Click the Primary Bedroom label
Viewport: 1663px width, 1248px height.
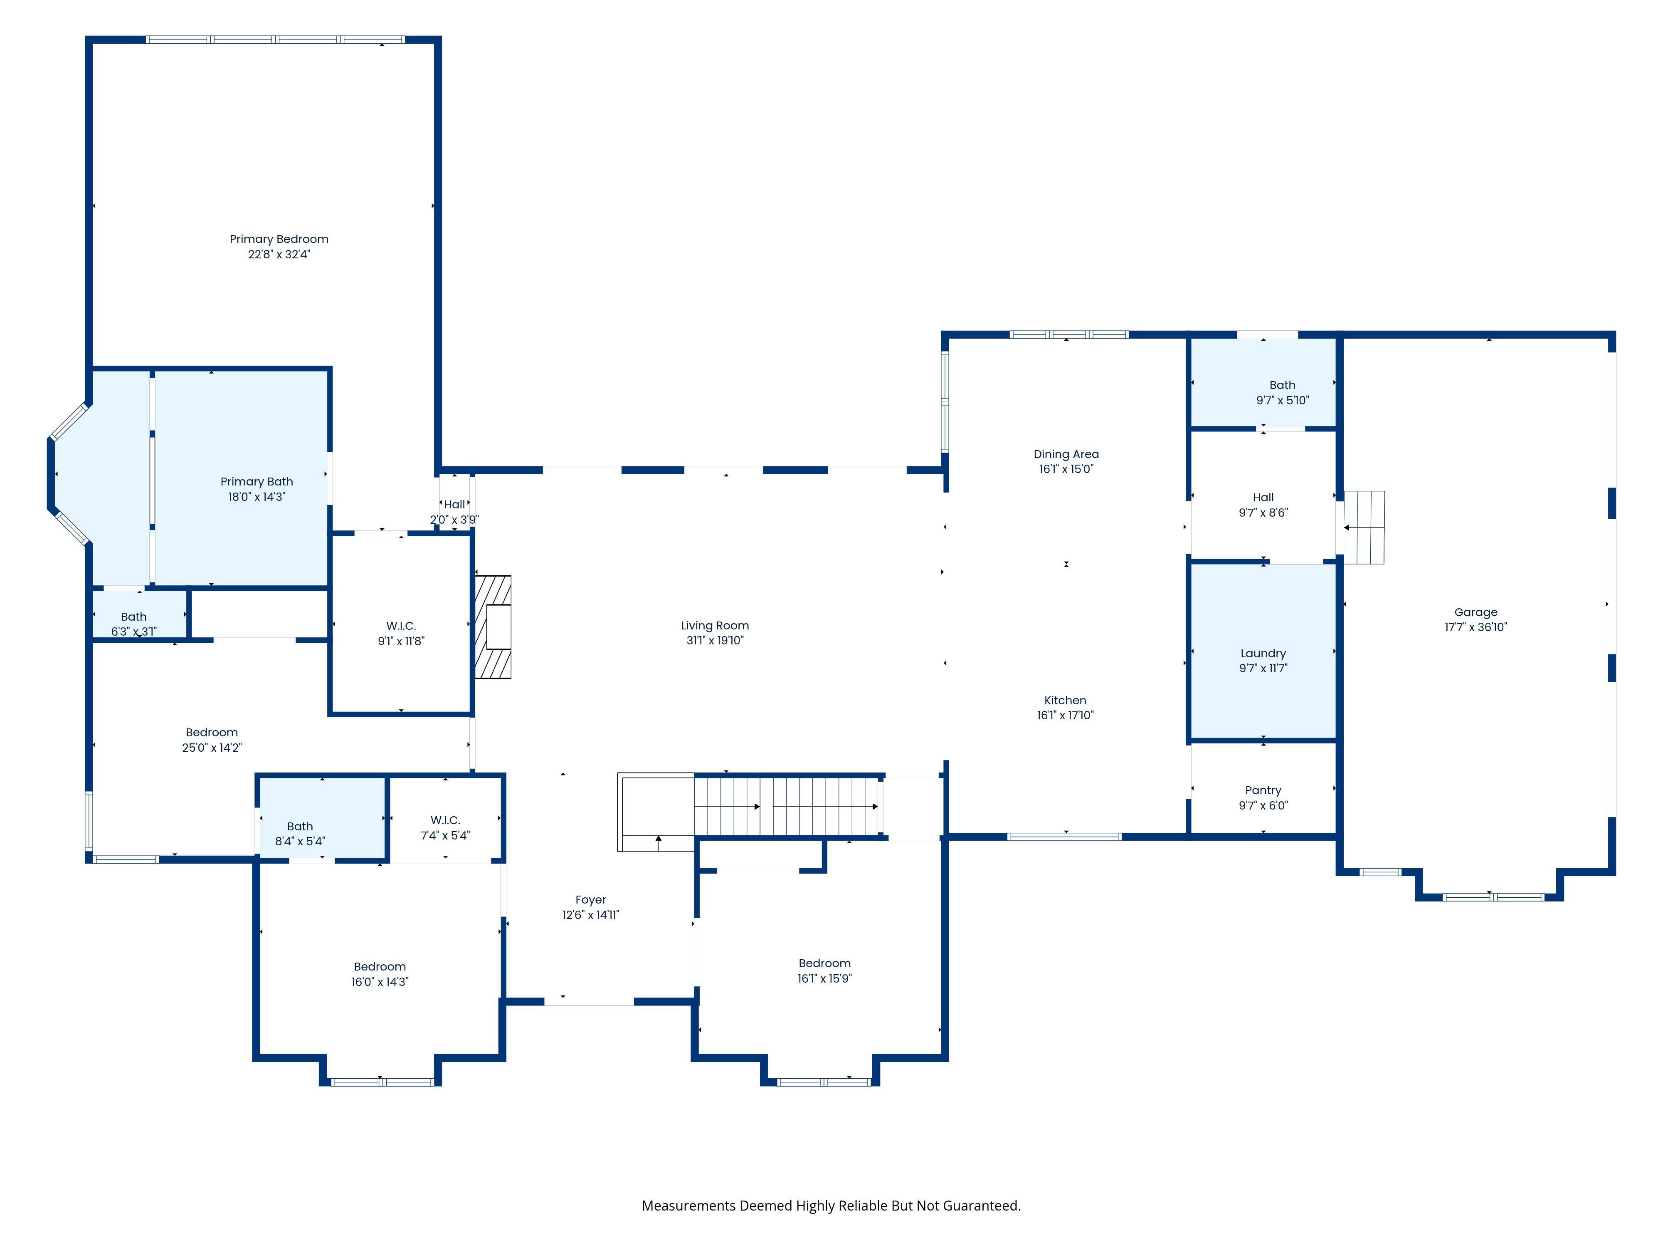click(279, 239)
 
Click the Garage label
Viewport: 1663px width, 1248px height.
click(1476, 612)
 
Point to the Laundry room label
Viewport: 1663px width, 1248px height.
click(1263, 654)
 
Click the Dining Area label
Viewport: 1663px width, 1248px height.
click(1066, 454)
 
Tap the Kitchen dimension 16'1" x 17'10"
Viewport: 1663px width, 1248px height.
click(1065, 716)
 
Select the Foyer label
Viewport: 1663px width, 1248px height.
click(591, 900)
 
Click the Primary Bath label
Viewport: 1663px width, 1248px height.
click(257, 481)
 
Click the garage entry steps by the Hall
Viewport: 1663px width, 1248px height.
click(1364, 527)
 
